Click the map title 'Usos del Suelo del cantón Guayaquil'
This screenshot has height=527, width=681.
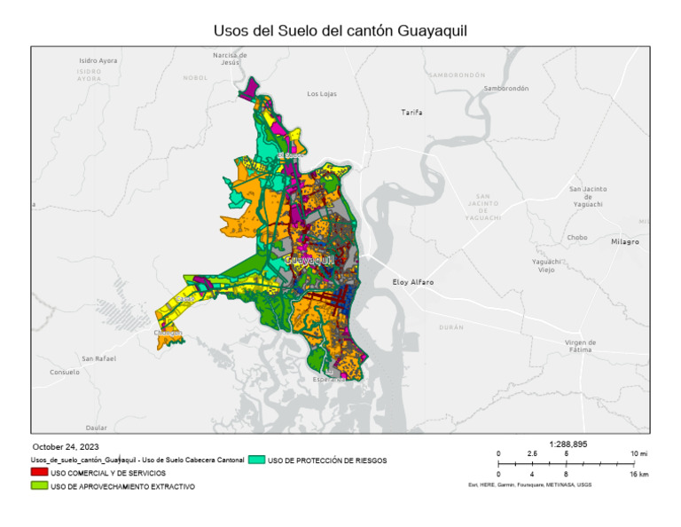pyautogui.click(x=340, y=30)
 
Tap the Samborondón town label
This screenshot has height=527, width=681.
pyautogui.click(x=505, y=89)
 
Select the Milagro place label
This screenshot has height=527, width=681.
pyautogui.click(x=625, y=241)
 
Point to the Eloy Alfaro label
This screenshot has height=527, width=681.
pyautogui.click(x=413, y=282)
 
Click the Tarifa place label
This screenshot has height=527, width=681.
pyautogui.click(x=412, y=113)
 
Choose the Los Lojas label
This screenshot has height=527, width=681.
pyautogui.click(x=323, y=93)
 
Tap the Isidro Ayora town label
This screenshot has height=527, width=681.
pyautogui.click(x=98, y=60)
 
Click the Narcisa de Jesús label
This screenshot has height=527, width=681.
pyautogui.click(x=230, y=59)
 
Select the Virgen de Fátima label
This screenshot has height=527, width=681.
pyautogui.click(x=580, y=346)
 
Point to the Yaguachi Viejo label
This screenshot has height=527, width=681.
pyautogui.click(x=545, y=265)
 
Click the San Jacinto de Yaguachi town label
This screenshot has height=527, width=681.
pyautogui.click(x=588, y=196)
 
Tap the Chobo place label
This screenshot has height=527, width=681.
pyautogui.click(x=577, y=237)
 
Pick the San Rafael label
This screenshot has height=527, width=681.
pyautogui.click(x=99, y=358)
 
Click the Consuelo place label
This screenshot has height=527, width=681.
pyautogui.click(x=65, y=372)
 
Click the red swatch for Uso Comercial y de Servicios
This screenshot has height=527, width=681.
pyautogui.click(x=39, y=474)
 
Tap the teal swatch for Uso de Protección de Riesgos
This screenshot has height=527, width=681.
pyautogui.click(x=256, y=460)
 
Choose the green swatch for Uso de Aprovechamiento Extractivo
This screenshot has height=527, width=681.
pyautogui.click(x=39, y=486)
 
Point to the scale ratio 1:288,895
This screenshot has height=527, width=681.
pyautogui.click(x=568, y=444)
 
